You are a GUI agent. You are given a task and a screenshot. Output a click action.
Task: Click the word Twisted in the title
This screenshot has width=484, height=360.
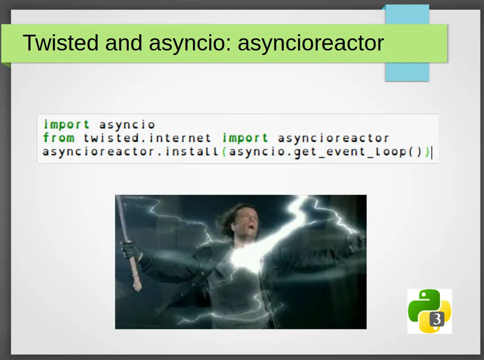pos(60,42)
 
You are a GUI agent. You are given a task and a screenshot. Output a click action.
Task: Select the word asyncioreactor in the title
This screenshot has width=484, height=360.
pos(310,43)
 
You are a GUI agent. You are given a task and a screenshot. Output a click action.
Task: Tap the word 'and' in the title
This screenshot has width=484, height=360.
pos(124,42)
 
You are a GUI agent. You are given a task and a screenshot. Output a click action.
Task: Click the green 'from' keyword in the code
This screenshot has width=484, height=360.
pos(59,137)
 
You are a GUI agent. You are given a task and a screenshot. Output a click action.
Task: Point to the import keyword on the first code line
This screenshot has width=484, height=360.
pos(67,125)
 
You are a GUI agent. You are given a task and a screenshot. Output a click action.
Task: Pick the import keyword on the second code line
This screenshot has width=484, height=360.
pos(245,138)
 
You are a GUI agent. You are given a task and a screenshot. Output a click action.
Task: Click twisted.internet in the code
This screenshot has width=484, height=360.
pos(147,138)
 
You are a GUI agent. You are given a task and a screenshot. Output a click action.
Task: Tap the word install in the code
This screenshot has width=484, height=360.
pos(192,151)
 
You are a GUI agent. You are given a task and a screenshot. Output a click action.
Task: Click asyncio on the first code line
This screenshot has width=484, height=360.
pos(127,125)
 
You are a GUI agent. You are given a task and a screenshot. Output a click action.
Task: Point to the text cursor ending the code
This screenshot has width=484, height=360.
pos(432,152)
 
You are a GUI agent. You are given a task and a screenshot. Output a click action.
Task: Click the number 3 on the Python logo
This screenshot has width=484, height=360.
pos(437,319)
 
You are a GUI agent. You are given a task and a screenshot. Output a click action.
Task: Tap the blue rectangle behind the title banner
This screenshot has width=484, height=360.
pos(407,43)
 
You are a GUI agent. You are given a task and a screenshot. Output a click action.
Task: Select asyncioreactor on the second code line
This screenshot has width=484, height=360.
pos(333,138)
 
